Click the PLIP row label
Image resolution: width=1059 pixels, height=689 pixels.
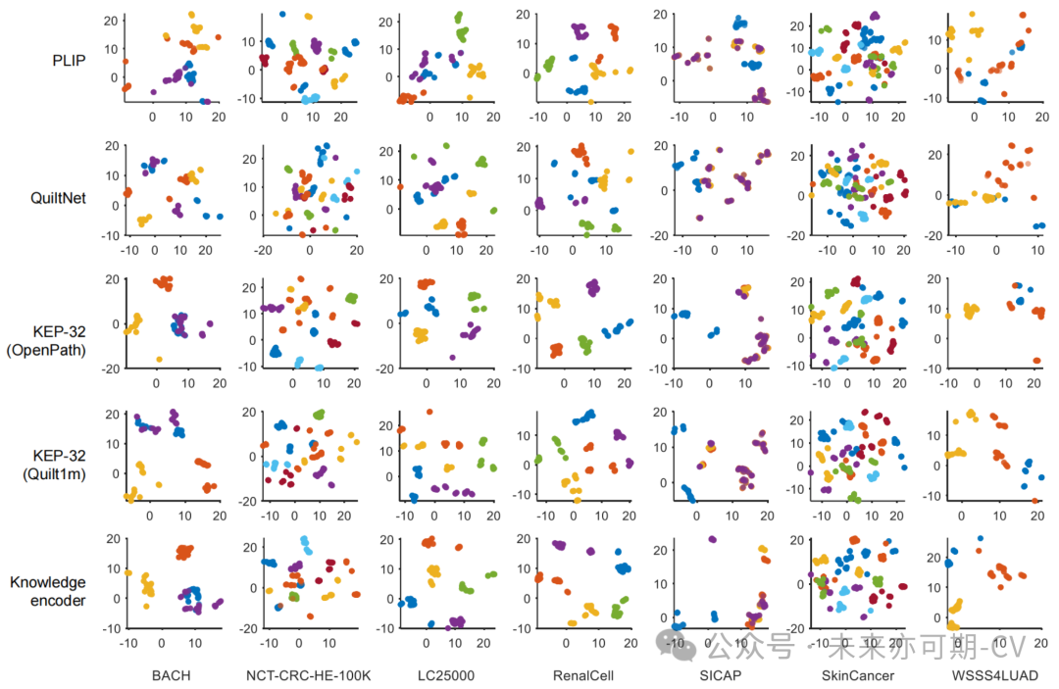click(68, 60)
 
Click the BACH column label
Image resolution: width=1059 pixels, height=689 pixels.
click(172, 674)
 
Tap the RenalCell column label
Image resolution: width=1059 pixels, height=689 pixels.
click(581, 674)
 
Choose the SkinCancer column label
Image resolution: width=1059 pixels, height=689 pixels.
click(856, 674)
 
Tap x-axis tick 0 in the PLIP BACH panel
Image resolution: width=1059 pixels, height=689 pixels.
click(153, 116)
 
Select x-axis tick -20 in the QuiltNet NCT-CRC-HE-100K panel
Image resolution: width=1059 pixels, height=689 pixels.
click(263, 250)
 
